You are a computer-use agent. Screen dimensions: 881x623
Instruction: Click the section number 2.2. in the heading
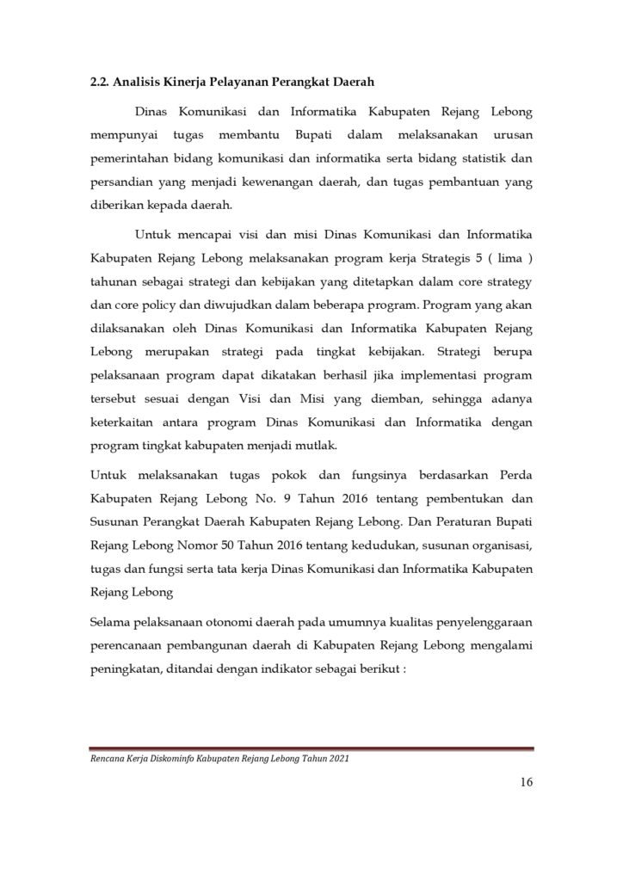pos(102,83)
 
